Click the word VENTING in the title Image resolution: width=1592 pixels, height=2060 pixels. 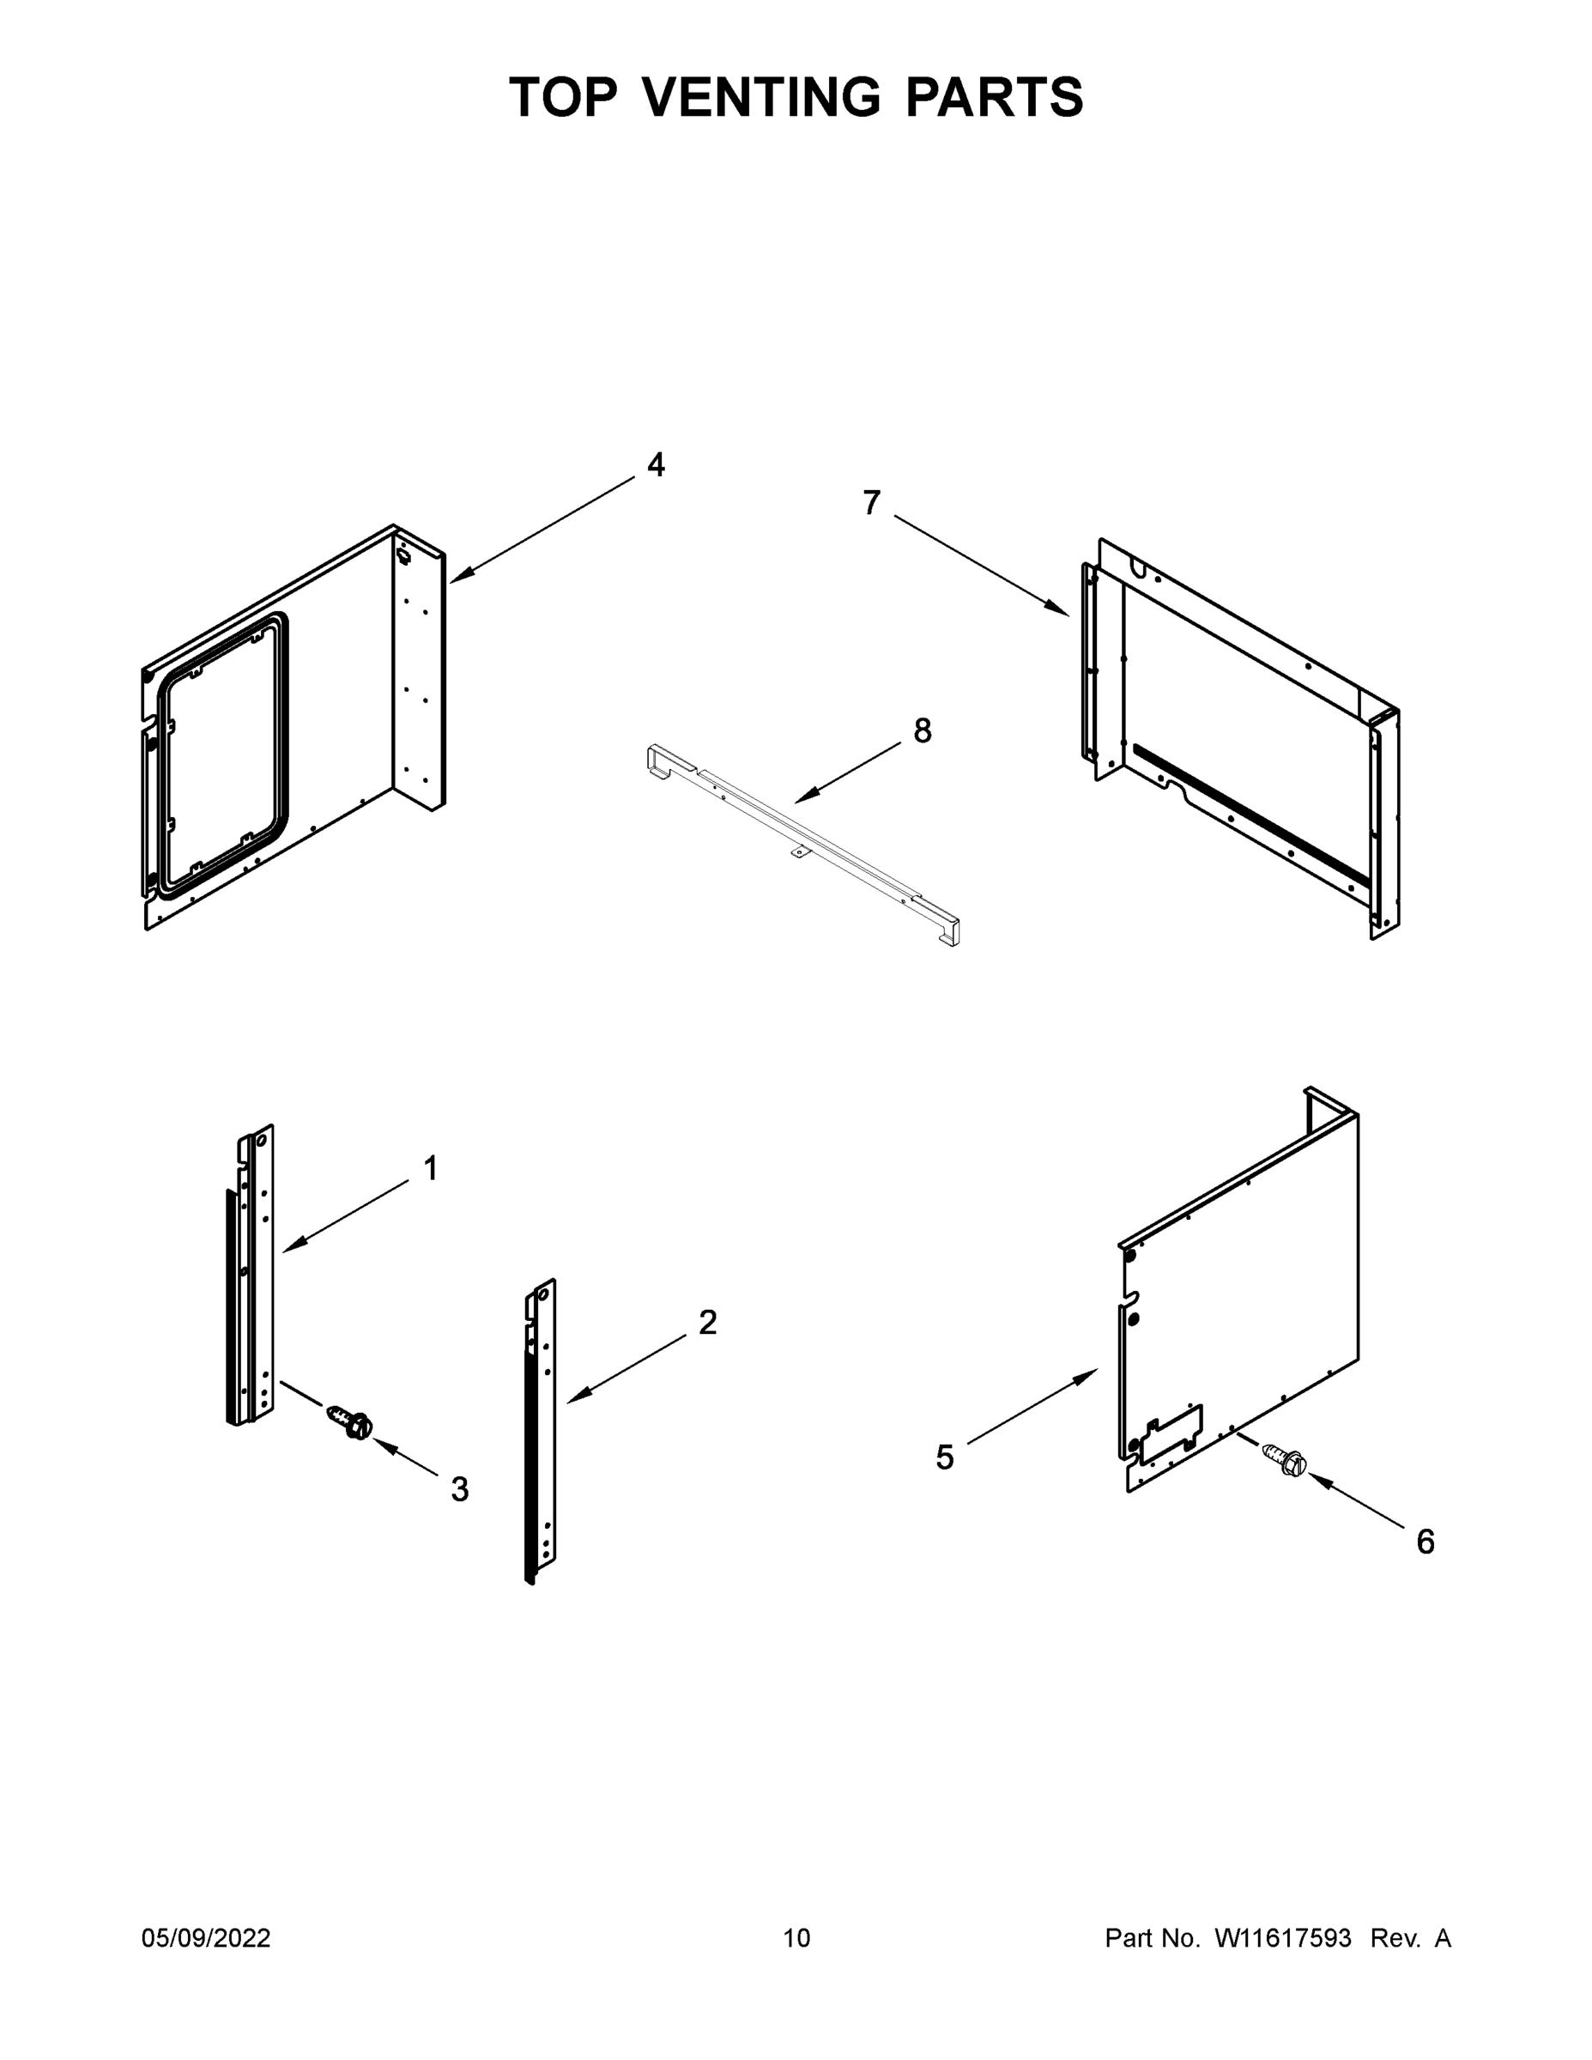click(x=762, y=97)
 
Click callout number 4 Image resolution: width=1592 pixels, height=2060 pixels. click(x=656, y=465)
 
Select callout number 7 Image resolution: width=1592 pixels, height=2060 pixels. click(x=871, y=503)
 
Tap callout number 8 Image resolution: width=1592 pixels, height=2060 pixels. click(x=923, y=731)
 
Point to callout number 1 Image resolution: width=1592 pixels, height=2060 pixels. click(x=431, y=1169)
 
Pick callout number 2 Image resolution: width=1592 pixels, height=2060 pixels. click(x=707, y=1323)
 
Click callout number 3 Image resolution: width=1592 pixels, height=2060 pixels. click(x=459, y=1489)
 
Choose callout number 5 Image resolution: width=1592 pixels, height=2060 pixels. click(x=944, y=1457)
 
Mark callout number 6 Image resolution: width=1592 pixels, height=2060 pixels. click(x=1425, y=1542)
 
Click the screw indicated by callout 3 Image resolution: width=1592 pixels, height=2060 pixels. click(x=350, y=1421)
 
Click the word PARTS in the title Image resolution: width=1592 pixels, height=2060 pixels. click(x=995, y=97)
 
